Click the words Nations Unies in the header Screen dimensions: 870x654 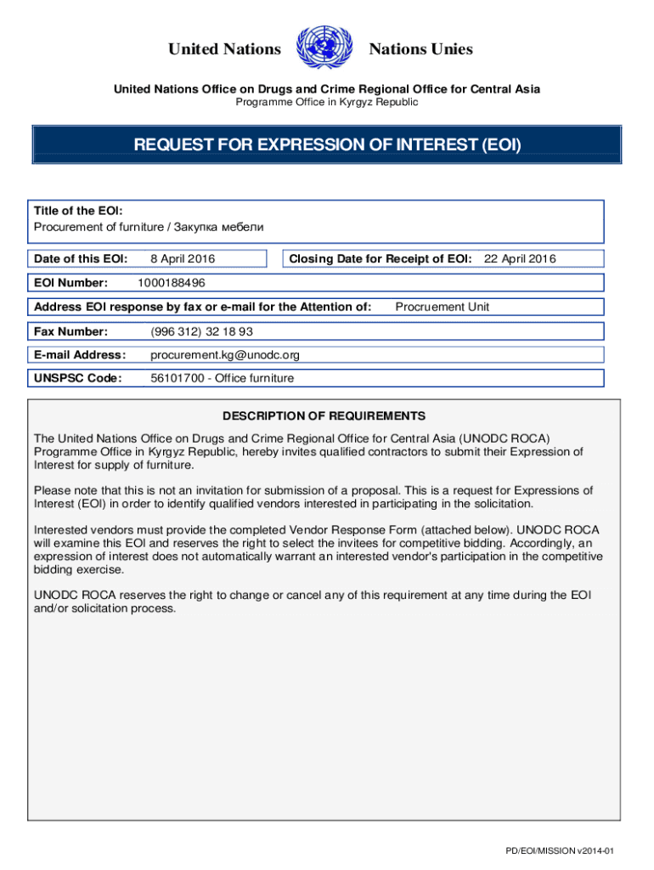(420, 49)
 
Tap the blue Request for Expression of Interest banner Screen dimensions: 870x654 (327, 145)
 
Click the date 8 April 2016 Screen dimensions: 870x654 (183, 259)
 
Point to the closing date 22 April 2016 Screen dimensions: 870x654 (520, 259)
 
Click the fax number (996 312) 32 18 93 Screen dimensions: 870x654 (201, 331)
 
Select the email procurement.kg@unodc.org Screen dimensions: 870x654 (225, 355)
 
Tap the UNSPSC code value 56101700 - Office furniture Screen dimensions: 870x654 (222, 379)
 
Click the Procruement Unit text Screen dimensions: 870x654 (443, 307)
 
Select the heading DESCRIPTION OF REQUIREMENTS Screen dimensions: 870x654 (324, 416)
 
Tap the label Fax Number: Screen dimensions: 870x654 (70, 331)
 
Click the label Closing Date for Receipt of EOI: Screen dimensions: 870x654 (381, 259)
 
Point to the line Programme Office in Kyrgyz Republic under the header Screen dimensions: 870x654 (327, 102)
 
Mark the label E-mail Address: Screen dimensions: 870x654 (80, 355)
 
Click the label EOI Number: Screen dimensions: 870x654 (70, 283)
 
